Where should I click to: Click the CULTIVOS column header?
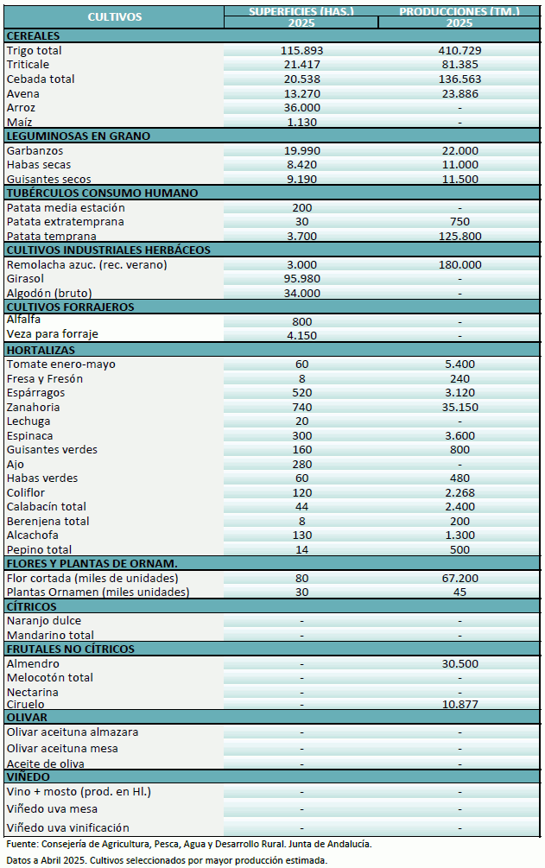(x=114, y=16)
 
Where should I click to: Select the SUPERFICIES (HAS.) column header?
(x=301, y=11)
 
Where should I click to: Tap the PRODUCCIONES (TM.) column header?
(x=459, y=11)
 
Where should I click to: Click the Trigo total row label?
(x=35, y=51)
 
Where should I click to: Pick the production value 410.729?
(x=459, y=51)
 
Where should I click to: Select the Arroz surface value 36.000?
(x=301, y=108)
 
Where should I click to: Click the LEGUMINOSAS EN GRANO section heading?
(x=79, y=136)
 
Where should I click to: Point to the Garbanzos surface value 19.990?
(x=301, y=150)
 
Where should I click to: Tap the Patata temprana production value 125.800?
(x=459, y=236)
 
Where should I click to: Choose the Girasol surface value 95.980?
(x=301, y=279)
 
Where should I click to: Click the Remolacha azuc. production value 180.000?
(x=459, y=264)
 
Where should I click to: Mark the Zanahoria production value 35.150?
(x=459, y=407)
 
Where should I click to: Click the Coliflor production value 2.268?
(x=459, y=492)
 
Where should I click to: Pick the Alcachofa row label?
(x=34, y=535)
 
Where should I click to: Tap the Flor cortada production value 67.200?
(x=459, y=578)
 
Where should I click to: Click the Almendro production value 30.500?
(x=459, y=663)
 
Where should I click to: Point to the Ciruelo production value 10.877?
(x=459, y=705)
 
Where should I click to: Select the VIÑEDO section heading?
(x=30, y=776)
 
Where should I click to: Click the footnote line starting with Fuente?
(x=189, y=844)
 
